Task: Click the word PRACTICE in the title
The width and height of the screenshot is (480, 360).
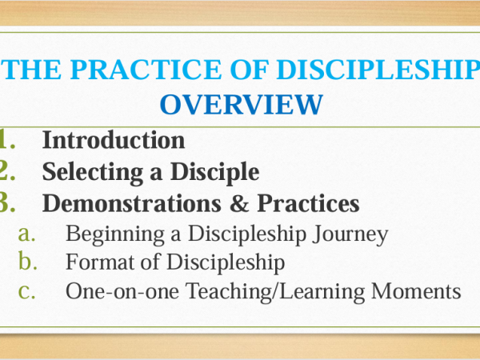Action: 146,70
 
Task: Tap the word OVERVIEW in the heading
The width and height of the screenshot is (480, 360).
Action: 242,104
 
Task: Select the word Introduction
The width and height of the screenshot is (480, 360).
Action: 114,140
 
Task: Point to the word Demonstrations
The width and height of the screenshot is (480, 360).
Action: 132,203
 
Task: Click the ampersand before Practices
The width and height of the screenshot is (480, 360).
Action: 239,203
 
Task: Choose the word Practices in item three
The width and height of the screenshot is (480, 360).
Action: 308,203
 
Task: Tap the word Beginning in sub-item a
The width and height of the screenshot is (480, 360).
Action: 115,234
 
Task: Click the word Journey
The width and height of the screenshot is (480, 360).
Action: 350,234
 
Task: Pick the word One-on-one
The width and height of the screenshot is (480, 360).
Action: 122,291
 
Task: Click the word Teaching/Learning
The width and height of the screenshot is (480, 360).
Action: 275,292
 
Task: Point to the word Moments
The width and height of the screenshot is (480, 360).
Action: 416,291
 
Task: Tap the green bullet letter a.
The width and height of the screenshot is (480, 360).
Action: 27,234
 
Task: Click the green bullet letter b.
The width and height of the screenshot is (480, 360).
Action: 27,261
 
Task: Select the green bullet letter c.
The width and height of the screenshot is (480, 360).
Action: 27,292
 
